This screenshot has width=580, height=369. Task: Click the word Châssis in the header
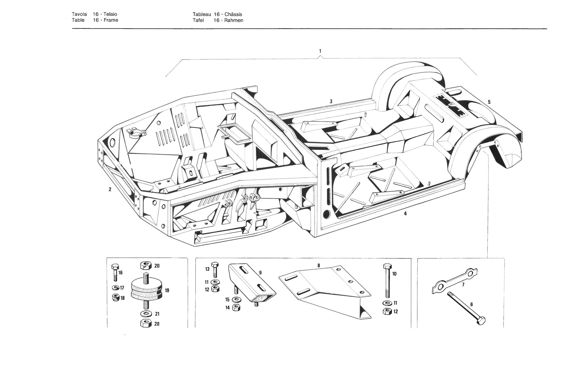pos(233,14)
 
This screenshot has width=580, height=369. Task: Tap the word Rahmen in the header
pos(233,20)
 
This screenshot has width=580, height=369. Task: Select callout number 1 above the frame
pos(320,51)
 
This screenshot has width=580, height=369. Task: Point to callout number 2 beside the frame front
pos(110,189)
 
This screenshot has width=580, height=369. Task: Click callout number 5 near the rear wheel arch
pos(489,102)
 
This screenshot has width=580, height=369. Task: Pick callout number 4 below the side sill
pos(405,214)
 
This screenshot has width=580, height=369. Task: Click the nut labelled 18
pos(115,298)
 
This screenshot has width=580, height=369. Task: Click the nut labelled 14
pos(236,307)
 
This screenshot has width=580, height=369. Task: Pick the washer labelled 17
pos(115,288)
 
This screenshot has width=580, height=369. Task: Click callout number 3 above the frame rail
pos(331,101)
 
